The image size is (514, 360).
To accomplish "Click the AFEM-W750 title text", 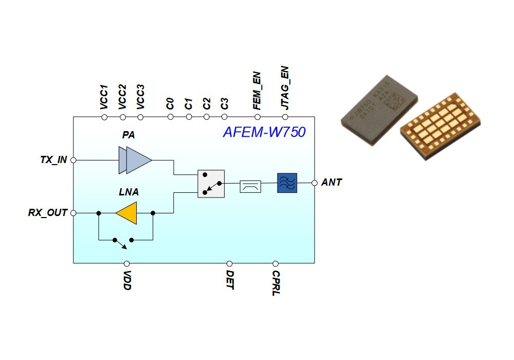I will coord(264,132).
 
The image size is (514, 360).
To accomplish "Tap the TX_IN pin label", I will coord(53,160).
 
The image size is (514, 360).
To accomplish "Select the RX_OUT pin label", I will coord(48,212).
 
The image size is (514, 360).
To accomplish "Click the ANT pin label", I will coord(332,183).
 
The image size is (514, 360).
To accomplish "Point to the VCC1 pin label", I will coord(104,97).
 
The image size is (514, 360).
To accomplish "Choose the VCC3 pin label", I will coord(140,97).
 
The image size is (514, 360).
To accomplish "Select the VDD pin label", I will coord(127,281).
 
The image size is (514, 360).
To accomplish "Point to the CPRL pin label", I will coord(276,283).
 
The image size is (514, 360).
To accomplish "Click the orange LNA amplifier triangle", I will coord(127,213).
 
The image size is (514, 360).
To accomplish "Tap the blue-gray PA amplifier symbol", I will coord(135,160).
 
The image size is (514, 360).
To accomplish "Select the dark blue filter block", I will coord(287,183).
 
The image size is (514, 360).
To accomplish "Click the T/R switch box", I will coord(211,184).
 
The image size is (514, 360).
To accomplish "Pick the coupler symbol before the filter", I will coord(250,186).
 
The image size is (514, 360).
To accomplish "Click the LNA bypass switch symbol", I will coord(123,241).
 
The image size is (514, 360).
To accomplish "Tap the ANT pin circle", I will coord(315,183).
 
